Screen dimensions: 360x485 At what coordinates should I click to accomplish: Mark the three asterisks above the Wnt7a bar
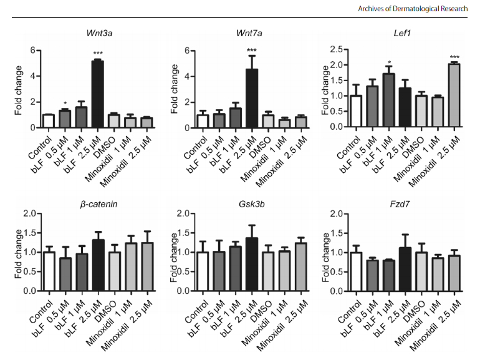tap(251, 51)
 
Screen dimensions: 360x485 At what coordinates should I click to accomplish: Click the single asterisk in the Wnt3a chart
tap(64, 104)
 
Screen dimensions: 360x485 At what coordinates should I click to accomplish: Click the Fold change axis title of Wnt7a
tap(173, 87)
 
